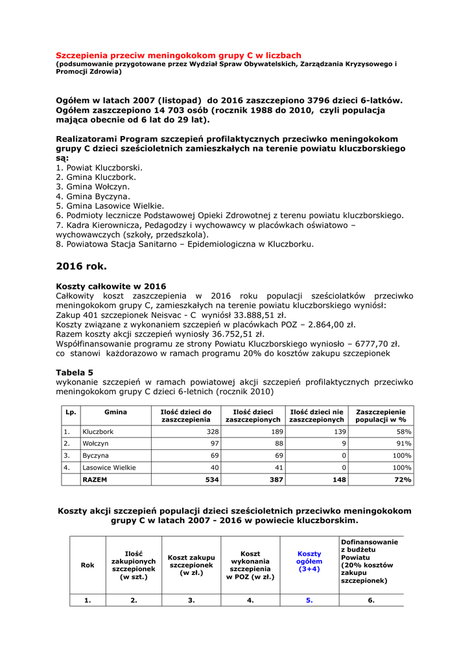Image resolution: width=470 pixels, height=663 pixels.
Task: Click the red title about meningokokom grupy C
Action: (x=178, y=56)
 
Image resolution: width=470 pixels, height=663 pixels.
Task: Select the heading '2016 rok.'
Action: (x=81, y=265)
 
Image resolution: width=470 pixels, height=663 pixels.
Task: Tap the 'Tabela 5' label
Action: (x=75, y=372)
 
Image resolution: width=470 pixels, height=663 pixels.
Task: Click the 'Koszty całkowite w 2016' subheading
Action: (x=111, y=286)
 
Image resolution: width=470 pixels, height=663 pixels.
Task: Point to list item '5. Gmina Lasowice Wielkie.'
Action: (x=110, y=206)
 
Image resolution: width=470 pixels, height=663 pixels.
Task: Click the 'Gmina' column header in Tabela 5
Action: (x=115, y=412)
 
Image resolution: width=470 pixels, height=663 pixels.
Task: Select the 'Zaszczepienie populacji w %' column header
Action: (x=381, y=416)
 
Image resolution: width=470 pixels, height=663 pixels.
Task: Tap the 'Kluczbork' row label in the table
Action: (x=98, y=432)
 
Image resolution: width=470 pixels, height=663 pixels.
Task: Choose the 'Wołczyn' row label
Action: (x=95, y=444)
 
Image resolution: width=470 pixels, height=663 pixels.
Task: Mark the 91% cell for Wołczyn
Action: (x=404, y=444)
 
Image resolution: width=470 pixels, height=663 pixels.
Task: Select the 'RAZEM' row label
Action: (x=95, y=480)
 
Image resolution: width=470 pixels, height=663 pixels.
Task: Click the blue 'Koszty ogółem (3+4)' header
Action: (x=309, y=561)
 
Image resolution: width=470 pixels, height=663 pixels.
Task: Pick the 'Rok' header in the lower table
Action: (x=88, y=565)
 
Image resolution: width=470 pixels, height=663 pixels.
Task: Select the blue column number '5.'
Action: (x=309, y=600)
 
